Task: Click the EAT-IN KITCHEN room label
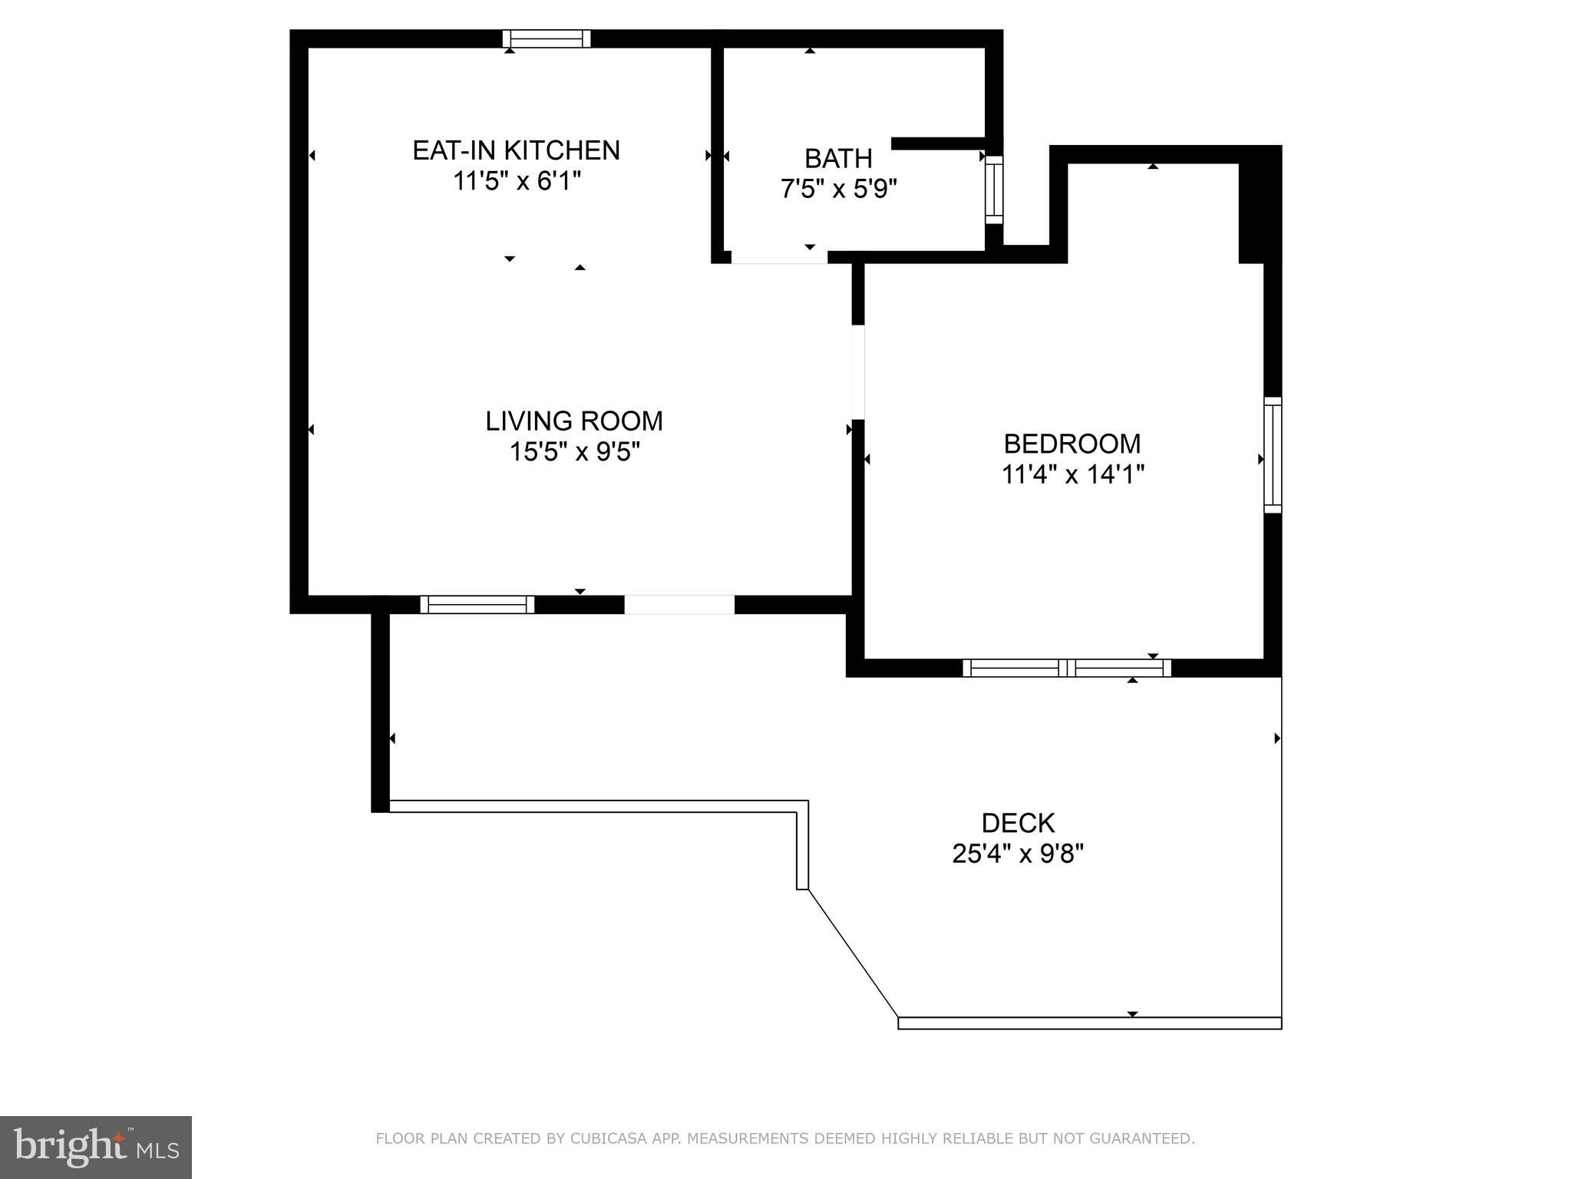516,150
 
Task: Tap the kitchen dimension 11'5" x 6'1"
516,182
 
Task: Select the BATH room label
838,158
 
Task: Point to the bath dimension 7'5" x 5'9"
838,189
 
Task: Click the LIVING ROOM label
574,421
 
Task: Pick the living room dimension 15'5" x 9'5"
574,452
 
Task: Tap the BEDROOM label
1072,444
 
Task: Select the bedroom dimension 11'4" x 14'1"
1072,475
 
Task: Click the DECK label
1018,823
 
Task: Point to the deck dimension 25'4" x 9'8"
1018,854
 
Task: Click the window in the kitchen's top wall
547,38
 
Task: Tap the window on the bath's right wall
994,190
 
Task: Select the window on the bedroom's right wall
1273,454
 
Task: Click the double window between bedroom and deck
1067,668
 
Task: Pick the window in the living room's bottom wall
477,604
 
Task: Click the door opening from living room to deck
679,604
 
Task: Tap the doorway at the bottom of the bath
778,258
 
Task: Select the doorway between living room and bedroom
858,372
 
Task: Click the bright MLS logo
96,1147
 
